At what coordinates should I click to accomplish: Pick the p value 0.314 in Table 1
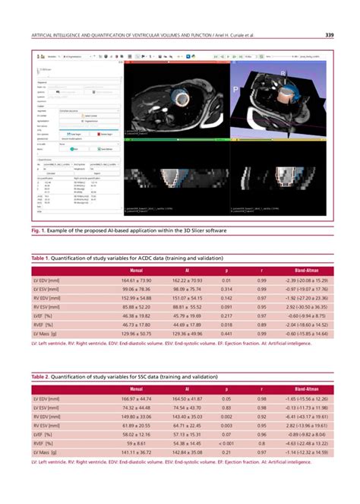coord(227,290)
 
